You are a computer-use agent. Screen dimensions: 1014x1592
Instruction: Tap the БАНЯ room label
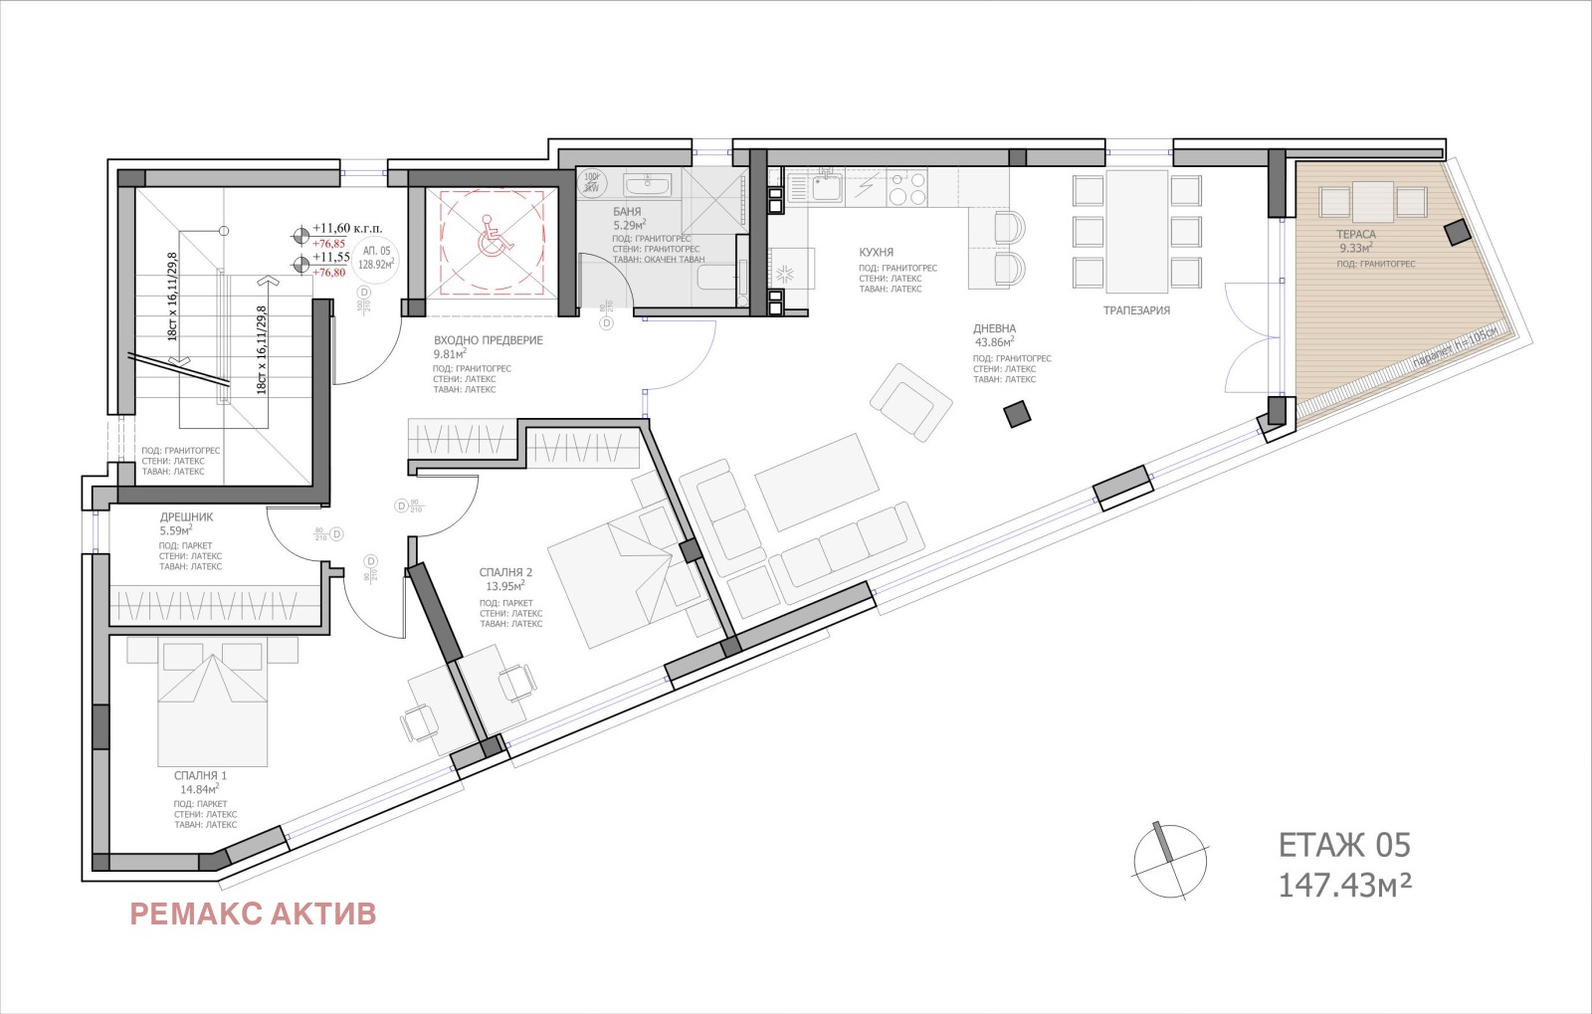[627, 212]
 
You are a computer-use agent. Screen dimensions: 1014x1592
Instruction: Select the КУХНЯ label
[877, 253]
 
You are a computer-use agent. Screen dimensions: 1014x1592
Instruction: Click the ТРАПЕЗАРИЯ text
[1136, 310]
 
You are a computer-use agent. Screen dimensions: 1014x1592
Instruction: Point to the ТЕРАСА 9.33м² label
[1355, 241]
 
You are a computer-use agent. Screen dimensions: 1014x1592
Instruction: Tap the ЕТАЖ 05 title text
[1344, 846]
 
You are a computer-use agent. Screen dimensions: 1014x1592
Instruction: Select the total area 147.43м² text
[1345, 885]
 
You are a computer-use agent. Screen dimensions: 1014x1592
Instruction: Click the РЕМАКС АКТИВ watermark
[253, 913]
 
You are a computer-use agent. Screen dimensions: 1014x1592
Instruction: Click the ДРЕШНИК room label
[186, 517]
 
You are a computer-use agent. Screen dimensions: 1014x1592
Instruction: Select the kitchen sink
[825, 186]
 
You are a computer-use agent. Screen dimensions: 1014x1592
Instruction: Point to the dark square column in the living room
[1017, 414]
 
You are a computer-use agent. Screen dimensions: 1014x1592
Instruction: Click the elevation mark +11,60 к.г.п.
[346, 228]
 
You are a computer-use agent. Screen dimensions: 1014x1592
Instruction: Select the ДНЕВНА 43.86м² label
[994, 335]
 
